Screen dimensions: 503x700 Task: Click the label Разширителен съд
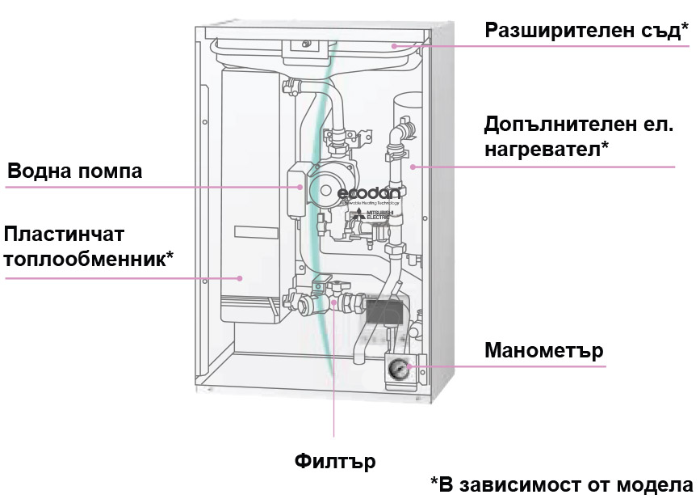(x=585, y=32)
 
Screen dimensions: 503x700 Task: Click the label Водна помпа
(x=74, y=171)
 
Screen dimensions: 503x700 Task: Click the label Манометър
(x=543, y=351)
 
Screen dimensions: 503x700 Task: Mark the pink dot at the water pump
(x=300, y=186)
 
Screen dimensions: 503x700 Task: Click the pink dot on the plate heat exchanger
(x=240, y=278)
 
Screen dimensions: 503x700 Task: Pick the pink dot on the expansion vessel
(x=394, y=46)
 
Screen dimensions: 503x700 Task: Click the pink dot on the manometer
(x=410, y=366)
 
